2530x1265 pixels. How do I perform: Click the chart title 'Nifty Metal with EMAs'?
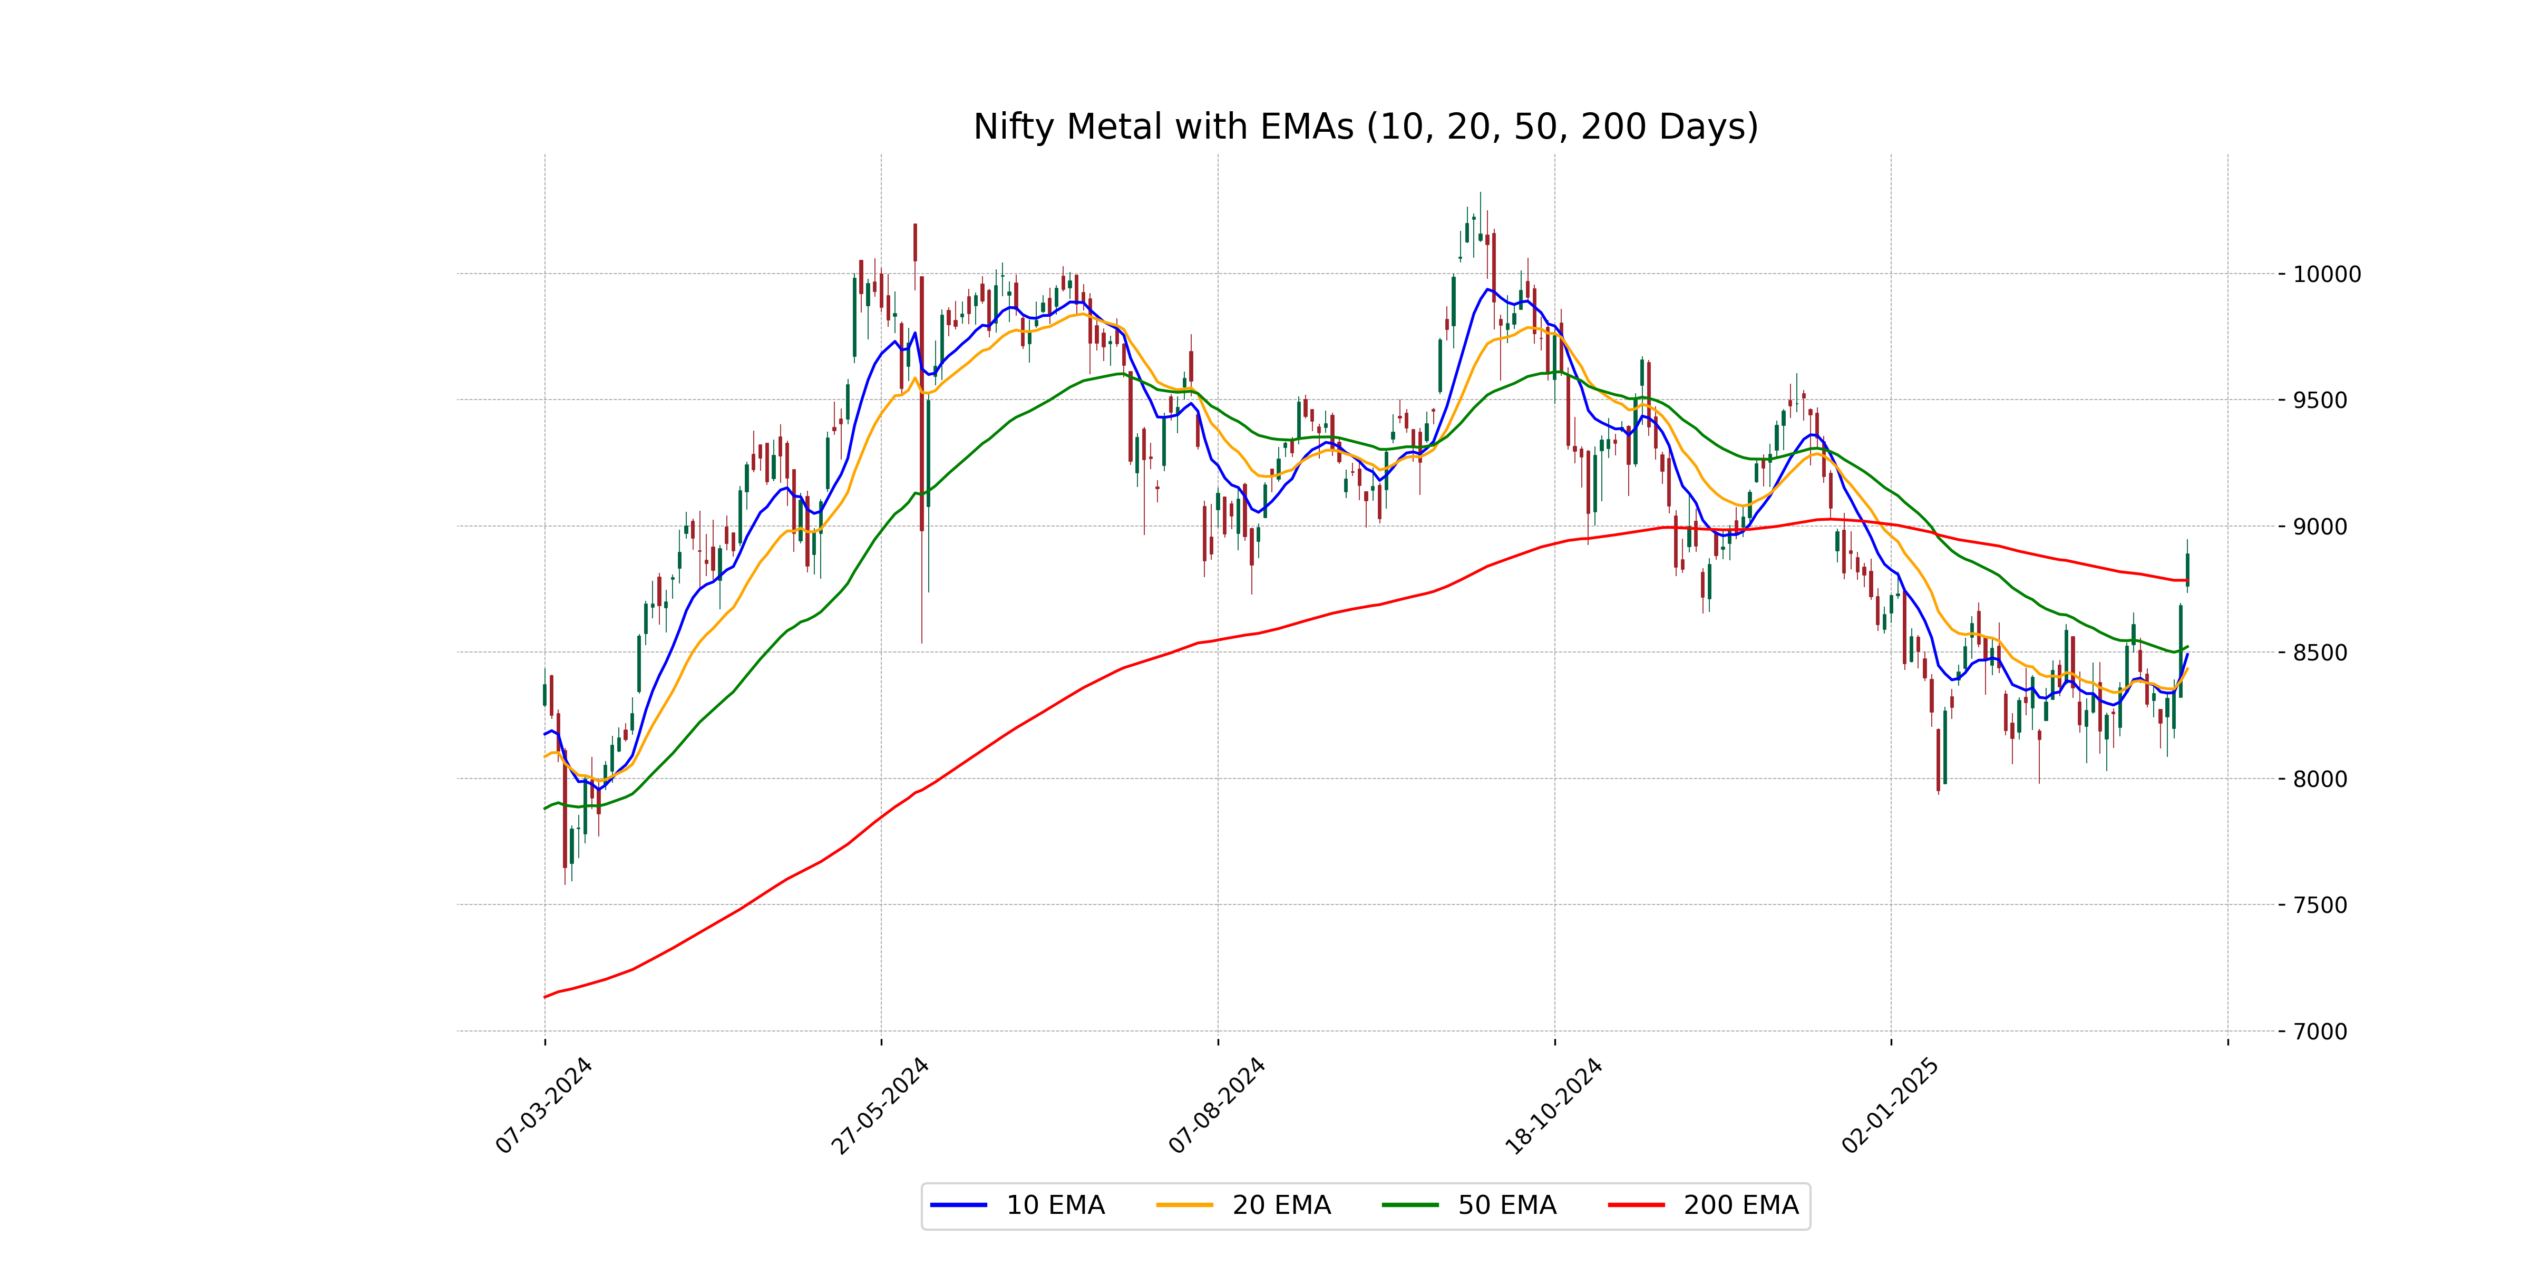(1365, 126)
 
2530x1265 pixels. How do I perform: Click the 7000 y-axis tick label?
(2320, 1032)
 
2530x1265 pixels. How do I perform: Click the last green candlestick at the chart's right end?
(2187, 570)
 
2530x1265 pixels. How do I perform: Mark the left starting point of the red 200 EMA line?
(545, 997)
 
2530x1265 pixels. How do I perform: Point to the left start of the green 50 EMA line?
(545, 809)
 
